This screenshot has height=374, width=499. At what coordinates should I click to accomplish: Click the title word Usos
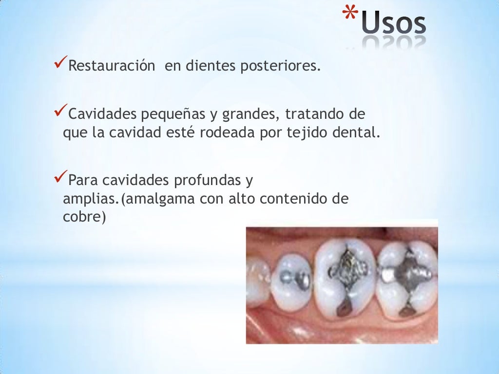[394, 25]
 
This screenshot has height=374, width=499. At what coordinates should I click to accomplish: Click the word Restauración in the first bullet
[110, 66]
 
